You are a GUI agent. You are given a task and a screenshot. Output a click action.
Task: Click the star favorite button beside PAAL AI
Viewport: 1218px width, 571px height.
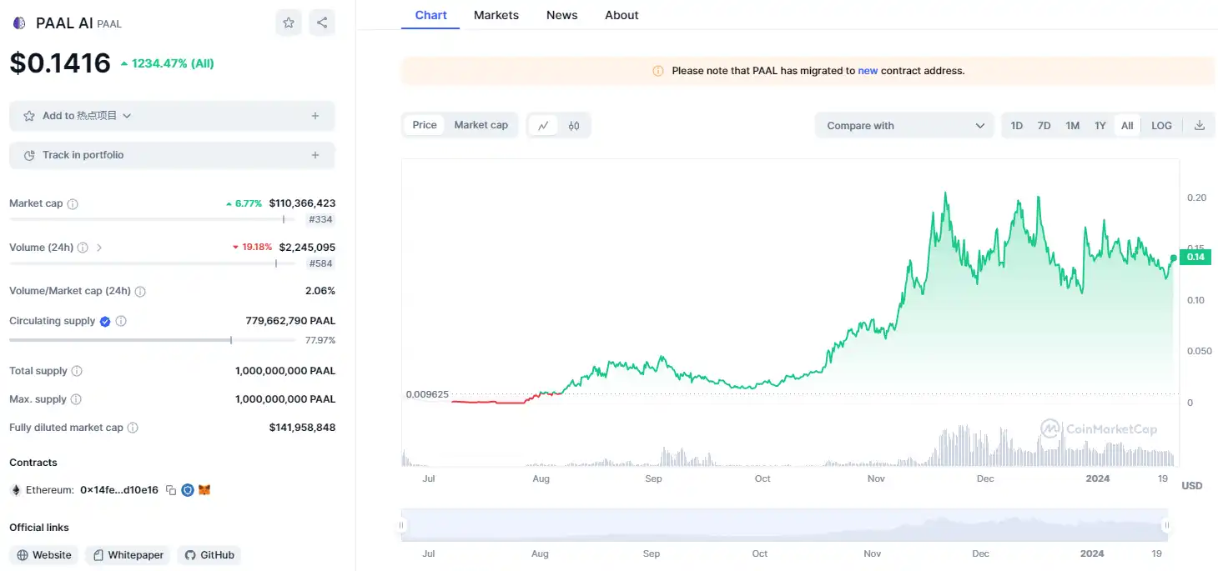point(289,23)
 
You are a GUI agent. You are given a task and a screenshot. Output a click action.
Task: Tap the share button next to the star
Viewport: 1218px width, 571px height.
point(322,23)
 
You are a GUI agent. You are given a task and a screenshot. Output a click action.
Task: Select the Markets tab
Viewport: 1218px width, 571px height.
point(496,15)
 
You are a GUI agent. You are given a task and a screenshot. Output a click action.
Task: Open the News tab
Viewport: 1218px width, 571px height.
point(561,15)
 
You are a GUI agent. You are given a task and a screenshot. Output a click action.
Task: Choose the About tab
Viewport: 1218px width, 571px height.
point(622,15)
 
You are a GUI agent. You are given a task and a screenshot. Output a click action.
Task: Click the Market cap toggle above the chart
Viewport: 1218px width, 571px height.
point(481,125)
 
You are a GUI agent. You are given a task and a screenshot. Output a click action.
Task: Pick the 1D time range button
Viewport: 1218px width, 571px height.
point(1016,126)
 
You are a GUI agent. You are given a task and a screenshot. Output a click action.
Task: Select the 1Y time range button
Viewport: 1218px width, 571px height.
point(1100,126)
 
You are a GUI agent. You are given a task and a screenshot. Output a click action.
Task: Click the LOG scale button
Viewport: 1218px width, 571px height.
point(1161,126)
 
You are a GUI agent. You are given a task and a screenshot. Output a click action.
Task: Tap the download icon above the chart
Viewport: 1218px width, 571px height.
point(1200,126)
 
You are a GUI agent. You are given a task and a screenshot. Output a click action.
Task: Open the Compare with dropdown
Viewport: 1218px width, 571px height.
point(905,126)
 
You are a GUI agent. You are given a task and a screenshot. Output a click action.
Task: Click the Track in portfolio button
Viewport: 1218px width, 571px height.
point(172,155)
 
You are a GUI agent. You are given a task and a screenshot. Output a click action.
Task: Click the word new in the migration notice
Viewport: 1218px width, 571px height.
point(868,71)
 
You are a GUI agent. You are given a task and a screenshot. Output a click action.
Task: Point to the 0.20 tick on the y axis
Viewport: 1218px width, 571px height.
point(1196,198)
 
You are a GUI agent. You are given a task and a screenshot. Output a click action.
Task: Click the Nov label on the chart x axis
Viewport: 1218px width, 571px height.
point(876,478)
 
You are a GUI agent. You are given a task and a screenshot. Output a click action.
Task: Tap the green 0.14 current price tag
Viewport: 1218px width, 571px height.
point(1195,257)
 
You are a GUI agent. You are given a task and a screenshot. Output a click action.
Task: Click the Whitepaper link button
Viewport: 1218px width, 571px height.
point(128,555)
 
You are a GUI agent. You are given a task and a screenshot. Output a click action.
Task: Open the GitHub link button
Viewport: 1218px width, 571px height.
point(209,555)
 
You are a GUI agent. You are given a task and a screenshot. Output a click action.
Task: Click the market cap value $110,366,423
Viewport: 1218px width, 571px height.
point(302,203)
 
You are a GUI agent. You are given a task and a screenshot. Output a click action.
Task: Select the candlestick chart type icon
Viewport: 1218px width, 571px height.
point(574,126)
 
